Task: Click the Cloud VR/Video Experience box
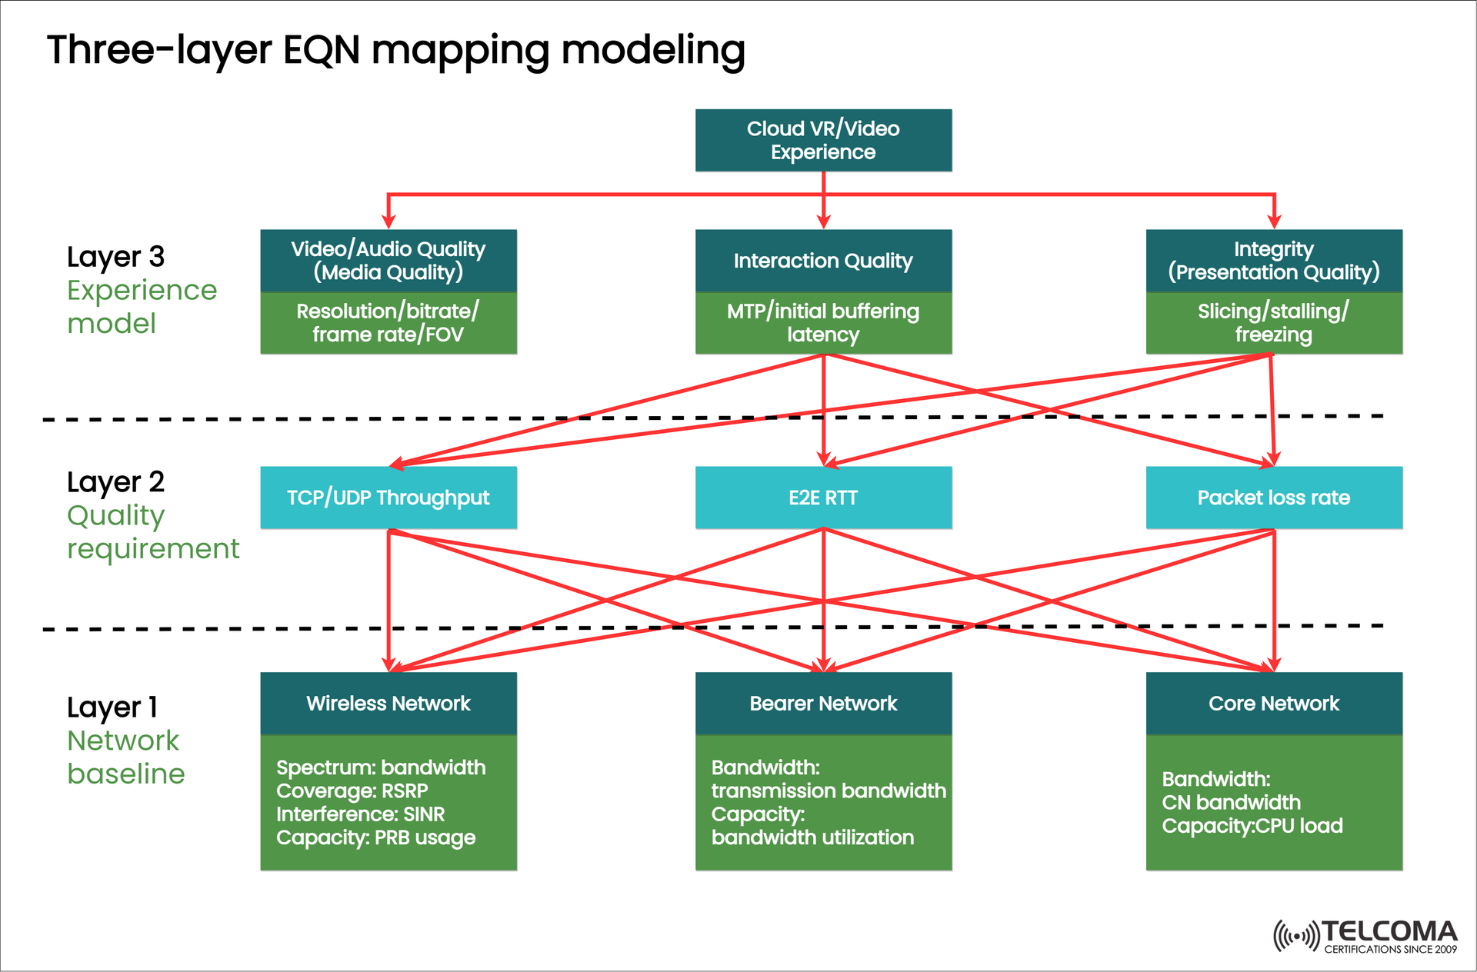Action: click(x=823, y=140)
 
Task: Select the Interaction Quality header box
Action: click(x=823, y=261)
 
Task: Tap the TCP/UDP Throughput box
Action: click(x=388, y=498)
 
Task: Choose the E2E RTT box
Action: click(x=823, y=498)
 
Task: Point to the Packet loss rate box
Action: click(x=1274, y=498)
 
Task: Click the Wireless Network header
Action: click(x=388, y=704)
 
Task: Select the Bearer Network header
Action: click(x=823, y=704)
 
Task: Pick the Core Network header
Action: click(x=1274, y=704)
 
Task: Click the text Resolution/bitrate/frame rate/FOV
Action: click(x=388, y=323)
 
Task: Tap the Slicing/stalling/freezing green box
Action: click(x=1274, y=323)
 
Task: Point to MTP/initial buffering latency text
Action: click(x=823, y=323)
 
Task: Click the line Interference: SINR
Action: click(x=360, y=814)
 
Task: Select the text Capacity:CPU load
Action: click(x=1252, y=826)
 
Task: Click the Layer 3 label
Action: click(x=115, y=257)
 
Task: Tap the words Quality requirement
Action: click(x=152, y=532)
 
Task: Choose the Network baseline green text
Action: click(x=125, y=757)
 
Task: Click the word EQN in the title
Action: click(x=322, y=50)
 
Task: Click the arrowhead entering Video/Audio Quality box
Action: click(x=388, y=221)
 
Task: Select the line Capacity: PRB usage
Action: click(x=375, y=837)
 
